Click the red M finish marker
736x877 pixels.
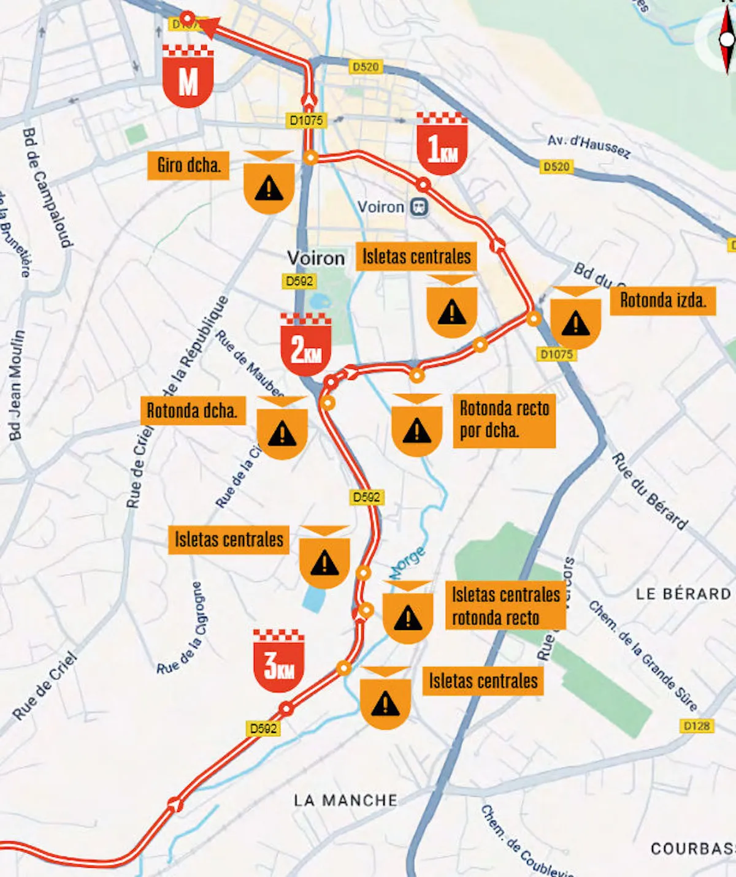pyautogui.click(x=188, y=76)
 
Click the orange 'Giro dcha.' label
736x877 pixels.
pyautogui.click(x=188, y=165)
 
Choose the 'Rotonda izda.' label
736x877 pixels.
pyautogui.click(x=662, y=300)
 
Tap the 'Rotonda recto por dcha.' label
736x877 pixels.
pyautogui.click(x=504, y=420)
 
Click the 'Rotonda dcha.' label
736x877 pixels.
pyautogui.click(x=192, y=411)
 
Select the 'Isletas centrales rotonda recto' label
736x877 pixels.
pyautogui.click(x=505, y=606)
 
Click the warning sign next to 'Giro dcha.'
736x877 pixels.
pyautogui.click(x=269, y=183)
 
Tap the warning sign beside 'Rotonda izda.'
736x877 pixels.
pyautogui.click(x=575, y=319)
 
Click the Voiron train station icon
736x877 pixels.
pyautogui.click(x=420, y=207)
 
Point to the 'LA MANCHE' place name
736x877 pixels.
pyautogui.click(x=345, y=800)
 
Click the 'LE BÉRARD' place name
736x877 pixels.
pyautogui.click(x=683, y=594)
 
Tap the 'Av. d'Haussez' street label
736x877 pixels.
pyautogui.click(x=589, y=146)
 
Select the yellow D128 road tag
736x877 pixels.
pyautogui.click(x=697, y=726)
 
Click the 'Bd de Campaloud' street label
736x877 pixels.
pyautogui.click(x=47, y=187)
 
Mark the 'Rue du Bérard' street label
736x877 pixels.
pyautogui.click(x=649, y=492)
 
